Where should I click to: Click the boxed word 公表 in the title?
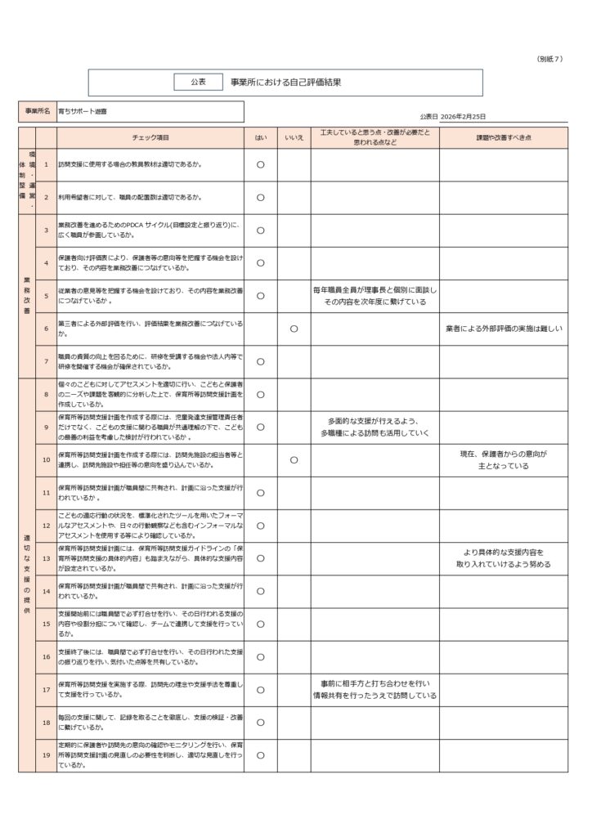[x=198, y=82]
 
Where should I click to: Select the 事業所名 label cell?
[x=37, y=110]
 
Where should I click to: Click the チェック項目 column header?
[x=150, y=137]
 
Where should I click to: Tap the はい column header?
[x=260, y=137]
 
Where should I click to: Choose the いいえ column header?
[x=294, y=137]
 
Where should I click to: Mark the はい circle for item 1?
[x=260, y=164]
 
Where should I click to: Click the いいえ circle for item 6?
[x=294, y=329]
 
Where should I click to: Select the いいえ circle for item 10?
[x=294, y=460]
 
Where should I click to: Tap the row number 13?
[x=46, y=558]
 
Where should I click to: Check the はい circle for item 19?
[x=260, y=755]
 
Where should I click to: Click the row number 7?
[x=46, y=361]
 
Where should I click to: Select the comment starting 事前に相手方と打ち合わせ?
[x=375, y=689]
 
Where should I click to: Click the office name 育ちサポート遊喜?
[x=83, y=110]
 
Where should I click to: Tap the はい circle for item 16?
[x=260, y=656]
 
